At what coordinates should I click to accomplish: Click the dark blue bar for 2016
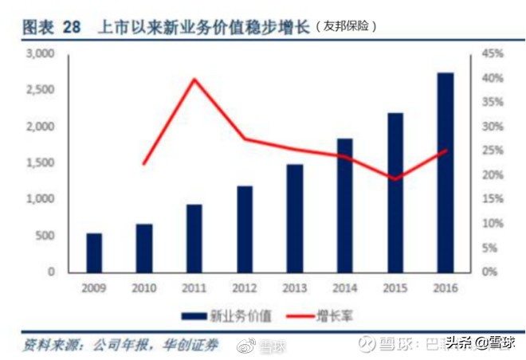click(x=445, y=172)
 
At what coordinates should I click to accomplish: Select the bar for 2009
click(x=94, y=252)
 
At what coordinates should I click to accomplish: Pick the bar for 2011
click(x=194, y=237)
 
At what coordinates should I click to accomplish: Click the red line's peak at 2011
click(x=194, y=79)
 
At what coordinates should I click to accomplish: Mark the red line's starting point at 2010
click(x=144, y=164)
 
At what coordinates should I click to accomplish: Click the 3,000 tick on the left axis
click(x=40, y=54)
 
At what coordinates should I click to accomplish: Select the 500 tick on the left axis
click(x=45, y=236)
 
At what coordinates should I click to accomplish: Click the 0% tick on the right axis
click(x=489, y=272)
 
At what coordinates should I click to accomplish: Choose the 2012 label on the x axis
click(x=245, y=288)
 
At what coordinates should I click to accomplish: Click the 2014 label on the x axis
click(x=344, y=288)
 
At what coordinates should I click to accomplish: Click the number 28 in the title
click(x=72, y=26)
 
